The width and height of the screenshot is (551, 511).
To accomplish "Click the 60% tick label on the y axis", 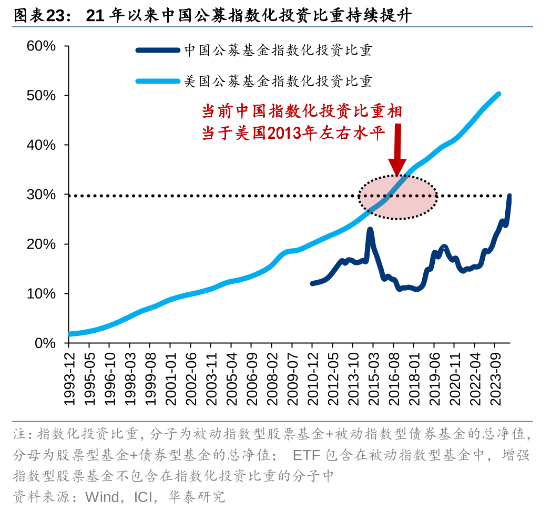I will click(42, 46).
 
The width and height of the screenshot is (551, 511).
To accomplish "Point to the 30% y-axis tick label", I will click(42, 195).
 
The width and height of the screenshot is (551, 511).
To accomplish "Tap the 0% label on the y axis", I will click(45, 343).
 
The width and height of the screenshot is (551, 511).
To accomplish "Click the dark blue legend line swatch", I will click(158, 50).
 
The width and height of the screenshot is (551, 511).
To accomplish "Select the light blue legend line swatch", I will click(158, 81).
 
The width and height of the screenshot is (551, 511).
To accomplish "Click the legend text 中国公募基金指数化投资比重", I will click(278, 50).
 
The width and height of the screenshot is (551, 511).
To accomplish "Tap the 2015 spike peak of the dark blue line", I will click(370, 229).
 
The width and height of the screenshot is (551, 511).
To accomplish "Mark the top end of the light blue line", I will click(498, 94).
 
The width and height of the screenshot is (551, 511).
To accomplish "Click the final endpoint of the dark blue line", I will click(509, 196).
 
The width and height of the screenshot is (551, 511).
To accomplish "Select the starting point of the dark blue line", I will click(312, 283).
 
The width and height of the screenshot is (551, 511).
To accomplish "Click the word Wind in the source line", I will click(102, 496).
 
